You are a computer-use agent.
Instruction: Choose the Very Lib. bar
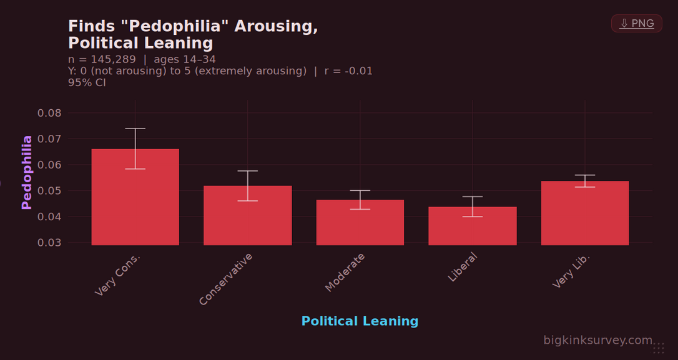(x=584, y=213)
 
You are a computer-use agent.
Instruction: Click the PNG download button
(x=636, y=24)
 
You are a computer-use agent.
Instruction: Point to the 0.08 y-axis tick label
(x=49, y=113)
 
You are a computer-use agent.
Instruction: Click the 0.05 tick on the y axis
(x=49, y=191)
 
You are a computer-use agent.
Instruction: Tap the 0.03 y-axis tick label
(x=49, y=243)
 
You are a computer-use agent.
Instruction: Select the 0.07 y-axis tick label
(x=49, y=139)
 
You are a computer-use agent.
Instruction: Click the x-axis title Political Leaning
(x=360, y=321)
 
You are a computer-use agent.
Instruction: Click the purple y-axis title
(x=27, y=172)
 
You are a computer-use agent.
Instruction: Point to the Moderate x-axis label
(x=345, y=272)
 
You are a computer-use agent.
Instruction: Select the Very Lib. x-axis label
(x=571, y=271)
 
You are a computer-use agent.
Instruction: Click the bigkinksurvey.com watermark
(x=597, y=340)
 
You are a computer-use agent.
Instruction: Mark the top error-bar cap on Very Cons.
(x=135, y=129)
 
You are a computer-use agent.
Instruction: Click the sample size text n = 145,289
(x=102, y=60)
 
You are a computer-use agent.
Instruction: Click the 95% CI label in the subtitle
(x=87, y=82)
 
